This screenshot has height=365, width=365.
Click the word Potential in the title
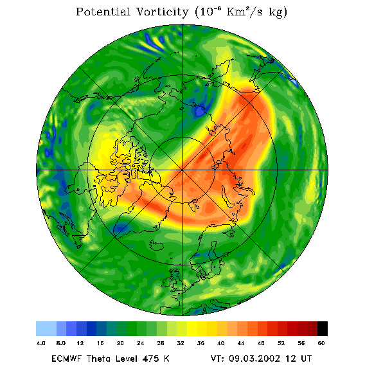click(x=103, y=12)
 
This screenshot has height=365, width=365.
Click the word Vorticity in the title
click(x=162, y=12)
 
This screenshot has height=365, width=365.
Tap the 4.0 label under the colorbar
click(x=41, y=343)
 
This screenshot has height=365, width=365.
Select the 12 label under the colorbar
click(x=80, y=343)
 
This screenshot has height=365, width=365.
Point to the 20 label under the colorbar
click(x=120, y=343)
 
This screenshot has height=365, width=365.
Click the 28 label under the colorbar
click(x=161, y=343)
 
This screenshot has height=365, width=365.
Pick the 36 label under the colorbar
click(x=200, y=343)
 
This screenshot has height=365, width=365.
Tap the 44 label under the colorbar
click(x=241, y=343)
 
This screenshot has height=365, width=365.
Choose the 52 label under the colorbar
click(x=281, y=343)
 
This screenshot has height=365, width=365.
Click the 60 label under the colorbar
click(x=321, y=343)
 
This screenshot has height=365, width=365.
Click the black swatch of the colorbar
click(x=323, y=328)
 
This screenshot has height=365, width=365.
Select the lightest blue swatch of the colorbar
click(x=46, y=328)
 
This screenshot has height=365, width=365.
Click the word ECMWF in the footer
click(x=67, y=358)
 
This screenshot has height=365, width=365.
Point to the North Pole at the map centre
click(x=182, y=170)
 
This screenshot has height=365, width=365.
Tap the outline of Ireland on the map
click(x=166, y=282)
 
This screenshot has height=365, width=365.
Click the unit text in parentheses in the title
click(x=241, y=12)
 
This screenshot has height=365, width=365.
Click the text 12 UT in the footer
click(x=299, y=358)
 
